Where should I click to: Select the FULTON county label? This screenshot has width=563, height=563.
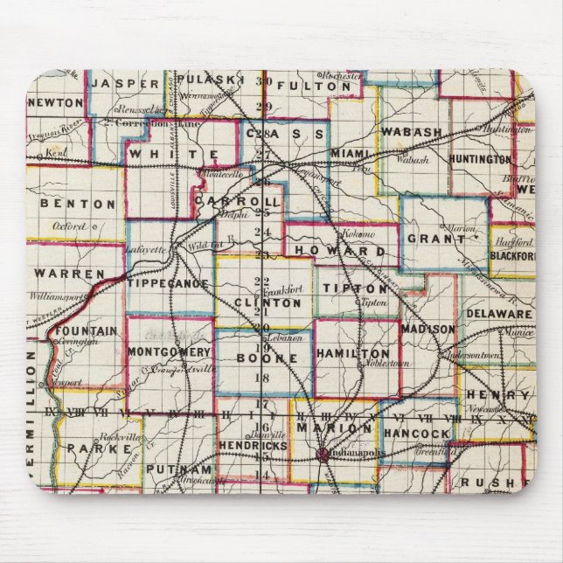coord(307,86)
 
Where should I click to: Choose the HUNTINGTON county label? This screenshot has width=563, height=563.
coord(480,159)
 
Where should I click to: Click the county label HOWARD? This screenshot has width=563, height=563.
coord(332,250)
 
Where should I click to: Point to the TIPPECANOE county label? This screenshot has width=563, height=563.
coord(169,284)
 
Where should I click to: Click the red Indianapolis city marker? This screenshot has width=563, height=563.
coord(323,455)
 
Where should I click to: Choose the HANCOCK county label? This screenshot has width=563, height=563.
coord(416,433)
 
